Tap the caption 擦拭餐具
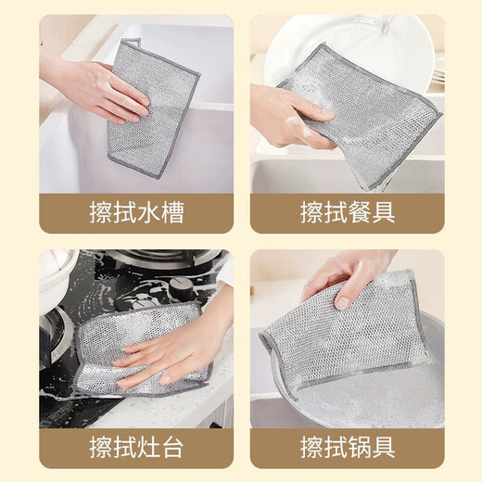click(x=346, y=212)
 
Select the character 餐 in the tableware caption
click(x=358, y=212)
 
